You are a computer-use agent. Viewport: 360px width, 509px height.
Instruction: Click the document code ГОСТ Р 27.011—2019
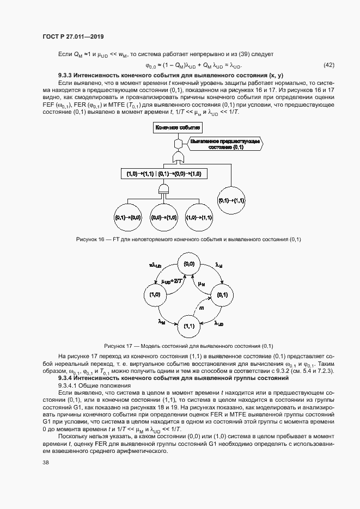pyautogui.click(x=72, y=36)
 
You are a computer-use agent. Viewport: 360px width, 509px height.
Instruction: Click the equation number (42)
pyautogui.click(x=329, y=65)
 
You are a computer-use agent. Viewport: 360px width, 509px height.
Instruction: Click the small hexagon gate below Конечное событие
pyautogui.click(x=178, y=143)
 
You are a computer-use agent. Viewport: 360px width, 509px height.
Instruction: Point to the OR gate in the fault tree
pyautogui.click(x=178, y=158)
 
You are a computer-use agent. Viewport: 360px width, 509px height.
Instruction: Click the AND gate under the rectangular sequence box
pyautogui.click(x=163, y=188)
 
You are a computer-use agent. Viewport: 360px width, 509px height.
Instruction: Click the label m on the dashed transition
pyautogui.click(x=201, y=309)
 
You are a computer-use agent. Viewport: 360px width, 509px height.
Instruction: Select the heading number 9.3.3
pyautogui.click(x=67, y=75)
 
